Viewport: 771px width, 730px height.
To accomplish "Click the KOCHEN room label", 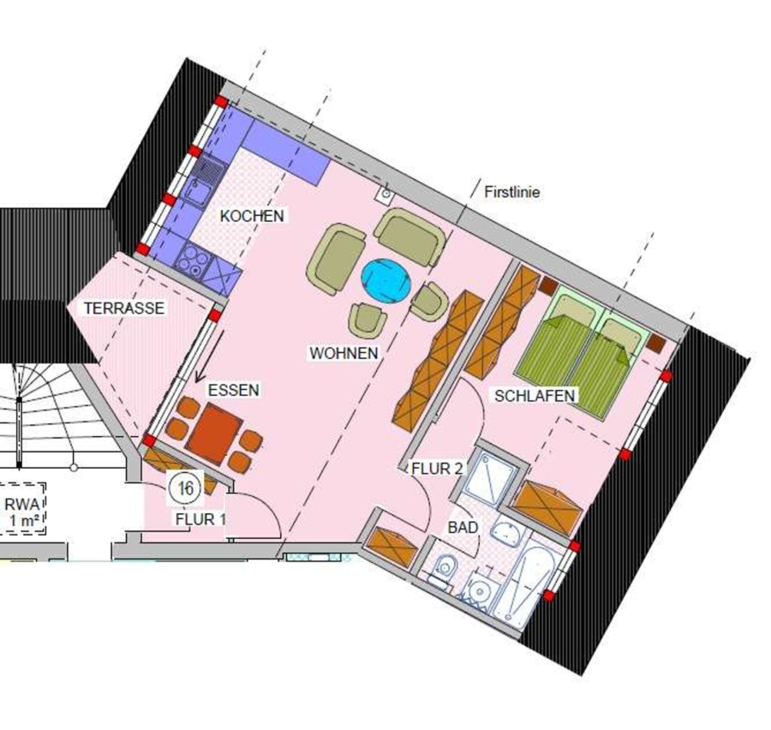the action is pos(252,216).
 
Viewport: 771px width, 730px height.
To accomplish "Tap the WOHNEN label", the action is pos(344,353).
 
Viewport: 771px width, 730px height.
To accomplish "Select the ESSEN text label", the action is pos(234,390).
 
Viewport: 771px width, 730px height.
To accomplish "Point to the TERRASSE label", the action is pos(124,308).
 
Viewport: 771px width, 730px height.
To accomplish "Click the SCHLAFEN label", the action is pos(535,396).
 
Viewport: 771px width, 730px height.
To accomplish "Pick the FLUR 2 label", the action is pos(437,469).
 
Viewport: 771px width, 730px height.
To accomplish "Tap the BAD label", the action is pos(463,527).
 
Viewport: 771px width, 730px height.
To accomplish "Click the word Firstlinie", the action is pos(512,192).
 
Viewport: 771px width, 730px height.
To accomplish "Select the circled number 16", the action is pos(185,488).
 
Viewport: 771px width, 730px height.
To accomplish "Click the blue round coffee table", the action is pos(386,281).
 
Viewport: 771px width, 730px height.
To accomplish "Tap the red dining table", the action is pos(213,434).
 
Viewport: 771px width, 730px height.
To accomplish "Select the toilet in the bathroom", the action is pos(444,570).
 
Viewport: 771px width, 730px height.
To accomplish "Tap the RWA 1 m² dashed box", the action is pos(23,509).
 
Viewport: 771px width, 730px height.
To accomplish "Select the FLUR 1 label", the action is pos(201,519).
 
